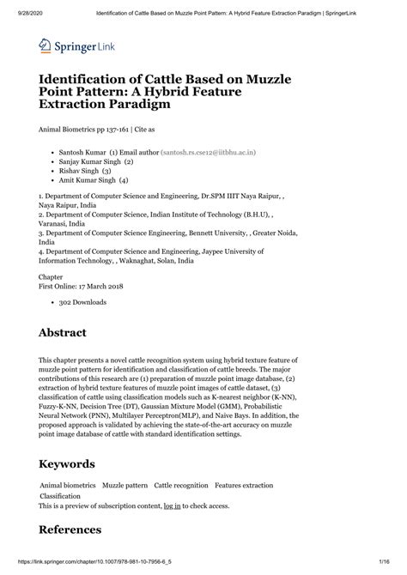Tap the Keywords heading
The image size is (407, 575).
[78, 463]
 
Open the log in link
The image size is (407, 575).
[172, 506]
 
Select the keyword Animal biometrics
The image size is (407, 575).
[69, 486]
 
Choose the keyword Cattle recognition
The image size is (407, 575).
[180, 486]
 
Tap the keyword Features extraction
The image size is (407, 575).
[244, 486]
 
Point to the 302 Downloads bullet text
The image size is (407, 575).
[82, 303]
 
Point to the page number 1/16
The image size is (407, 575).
[393, 568]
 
